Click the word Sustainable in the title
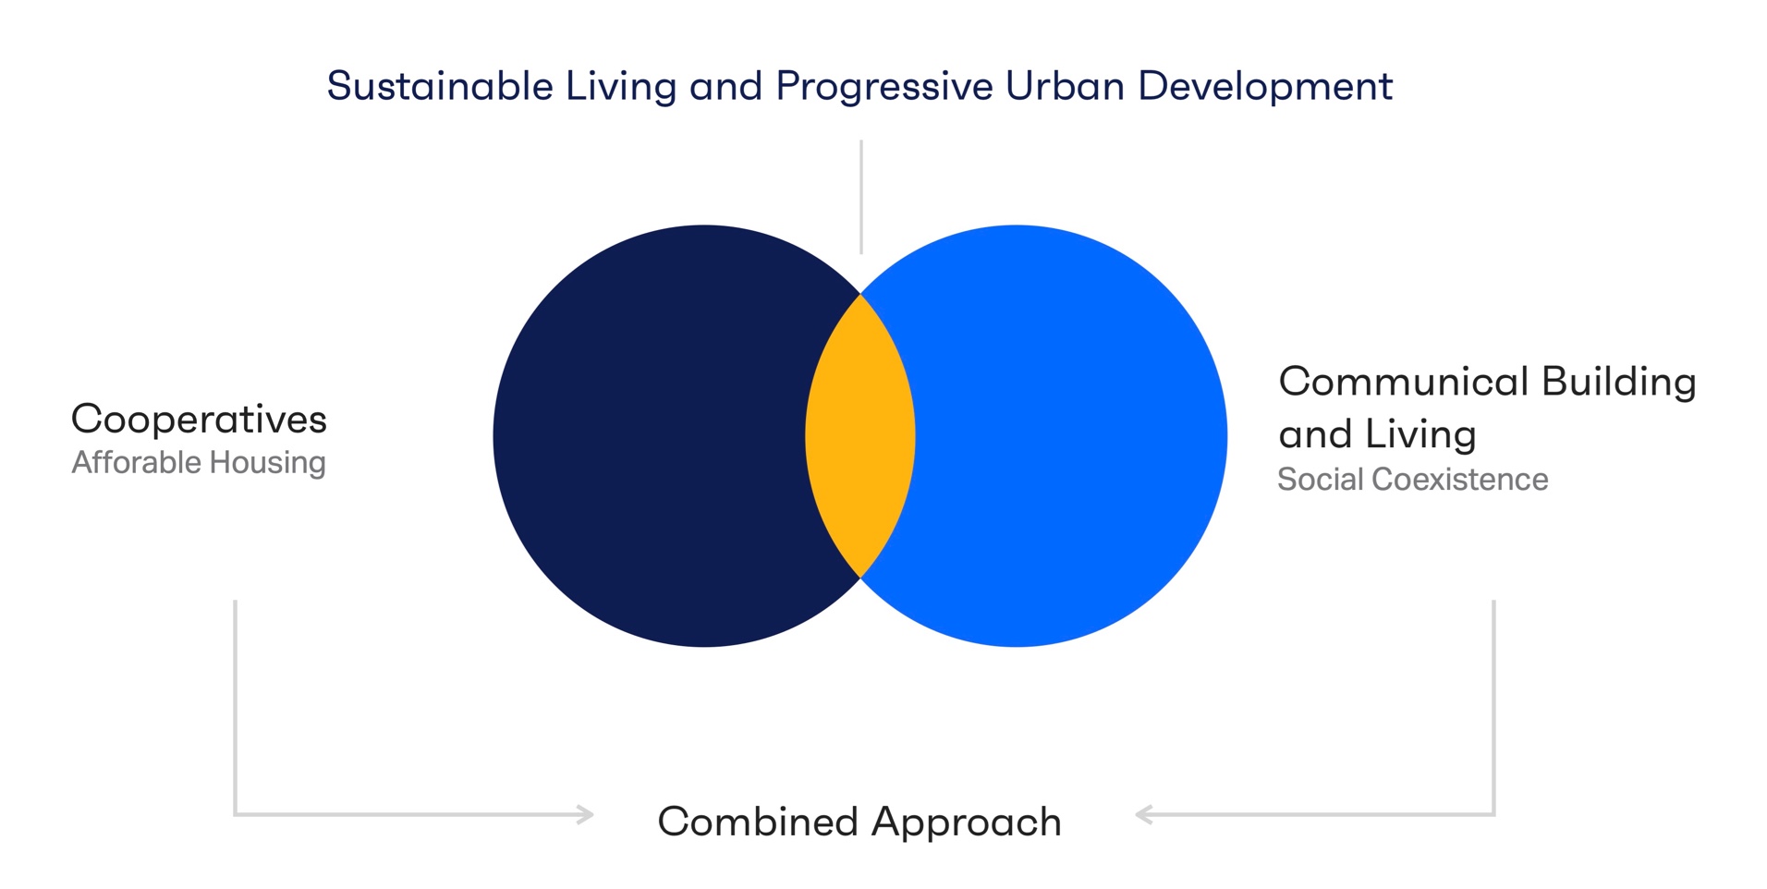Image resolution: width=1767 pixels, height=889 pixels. (x=440, y=86)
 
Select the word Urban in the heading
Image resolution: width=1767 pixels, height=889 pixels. (x=1065, y=86)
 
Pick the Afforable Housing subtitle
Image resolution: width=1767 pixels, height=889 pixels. (x=199, y=462)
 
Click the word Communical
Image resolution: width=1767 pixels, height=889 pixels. (x=1404, y=382)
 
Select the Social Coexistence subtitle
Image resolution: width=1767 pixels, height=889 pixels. (x=1412, y=479)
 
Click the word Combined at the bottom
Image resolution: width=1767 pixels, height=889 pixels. (x=758, y=822)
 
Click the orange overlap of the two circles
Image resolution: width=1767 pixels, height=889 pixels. (x=860, y=436)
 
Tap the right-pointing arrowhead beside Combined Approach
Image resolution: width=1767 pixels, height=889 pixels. (x=585, y=814)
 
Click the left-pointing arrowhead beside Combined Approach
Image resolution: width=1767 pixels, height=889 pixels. (x=1144, y=814)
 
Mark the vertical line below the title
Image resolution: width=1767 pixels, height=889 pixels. (x=861, y=197)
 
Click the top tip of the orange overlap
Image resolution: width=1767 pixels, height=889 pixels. (x=860, y=294)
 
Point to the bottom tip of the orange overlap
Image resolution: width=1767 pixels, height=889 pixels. (x=860, y=578)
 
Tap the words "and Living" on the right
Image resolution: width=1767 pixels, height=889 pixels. (x=1378, y=435)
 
